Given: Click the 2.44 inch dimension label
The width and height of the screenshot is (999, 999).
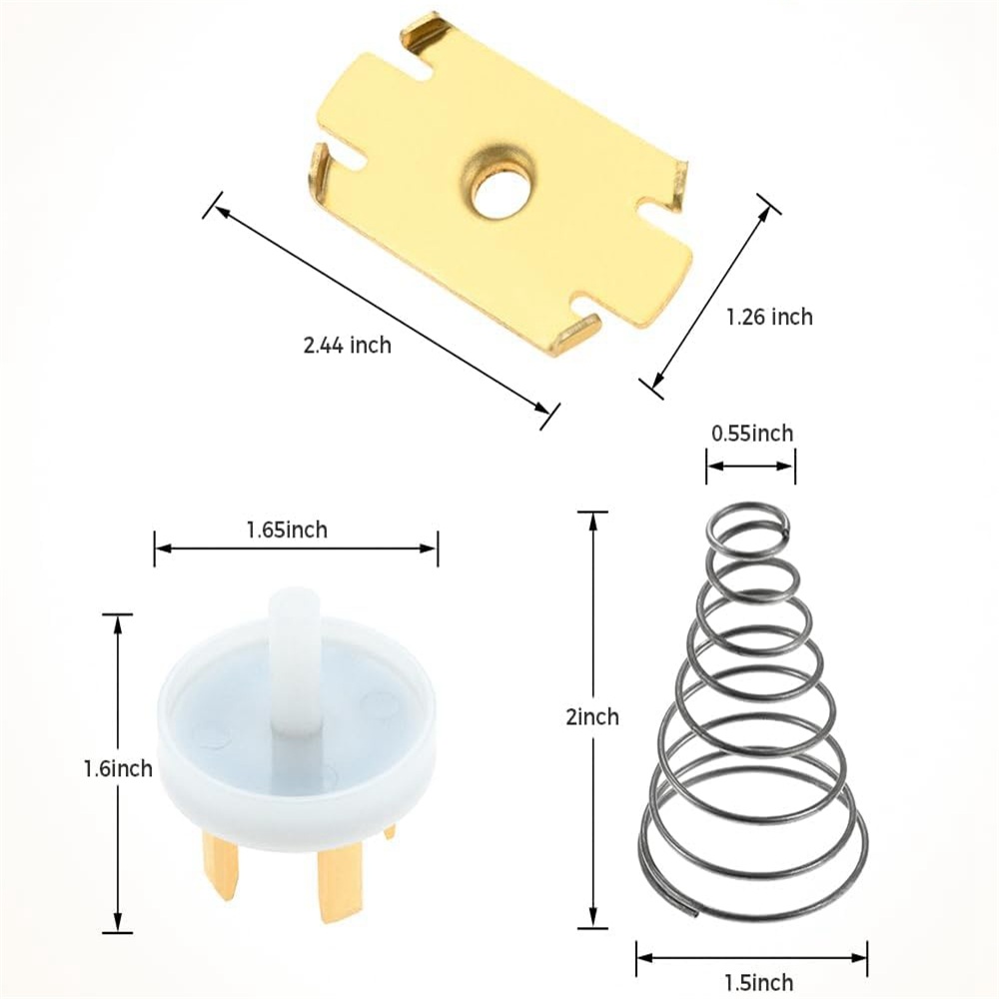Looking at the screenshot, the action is (348, 346).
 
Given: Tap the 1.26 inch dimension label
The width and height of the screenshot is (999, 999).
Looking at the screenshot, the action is (769, 317).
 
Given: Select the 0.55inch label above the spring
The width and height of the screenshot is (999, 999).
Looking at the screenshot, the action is (752, 434).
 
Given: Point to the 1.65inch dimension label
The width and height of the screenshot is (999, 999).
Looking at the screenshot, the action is (287, 529).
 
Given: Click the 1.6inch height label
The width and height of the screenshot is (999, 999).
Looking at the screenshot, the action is (119, 768).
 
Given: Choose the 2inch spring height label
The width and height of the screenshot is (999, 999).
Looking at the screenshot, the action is (592, 716).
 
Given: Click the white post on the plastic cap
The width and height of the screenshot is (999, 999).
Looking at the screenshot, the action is (294, 662).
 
